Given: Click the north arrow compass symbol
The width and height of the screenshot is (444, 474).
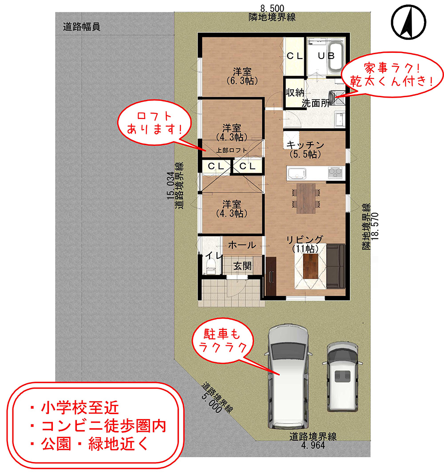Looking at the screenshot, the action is coord(408,22).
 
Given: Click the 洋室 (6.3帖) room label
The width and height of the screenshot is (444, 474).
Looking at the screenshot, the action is coord(242,76).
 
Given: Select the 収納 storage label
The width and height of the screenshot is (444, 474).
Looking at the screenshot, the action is coord(294,93).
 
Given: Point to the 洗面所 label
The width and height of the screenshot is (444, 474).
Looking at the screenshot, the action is coord(315,103).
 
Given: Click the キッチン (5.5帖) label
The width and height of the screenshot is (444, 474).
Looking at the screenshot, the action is coord(305,150).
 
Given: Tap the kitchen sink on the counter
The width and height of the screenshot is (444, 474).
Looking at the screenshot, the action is coord(297,174).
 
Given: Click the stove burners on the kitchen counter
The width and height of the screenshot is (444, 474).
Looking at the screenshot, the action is coord(335,173).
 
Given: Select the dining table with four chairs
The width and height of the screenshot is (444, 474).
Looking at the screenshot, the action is coord(306,198).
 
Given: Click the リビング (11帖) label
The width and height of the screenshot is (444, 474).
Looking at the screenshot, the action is coord(305,244).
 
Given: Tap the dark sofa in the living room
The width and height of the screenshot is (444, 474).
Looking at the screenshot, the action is coord(335,266).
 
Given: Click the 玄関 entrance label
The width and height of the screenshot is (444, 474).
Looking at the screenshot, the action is coord(242,266).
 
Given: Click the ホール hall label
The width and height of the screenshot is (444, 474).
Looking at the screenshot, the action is coord(242,245).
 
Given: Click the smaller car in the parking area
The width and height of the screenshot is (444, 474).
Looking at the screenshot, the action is coord(342,377).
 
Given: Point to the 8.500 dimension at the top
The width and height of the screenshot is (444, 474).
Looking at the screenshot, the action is coord(272,8).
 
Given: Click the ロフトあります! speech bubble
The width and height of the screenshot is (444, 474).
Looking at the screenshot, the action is coord(155,123).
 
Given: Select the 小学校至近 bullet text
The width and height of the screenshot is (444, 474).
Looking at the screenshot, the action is coord(80,407).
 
